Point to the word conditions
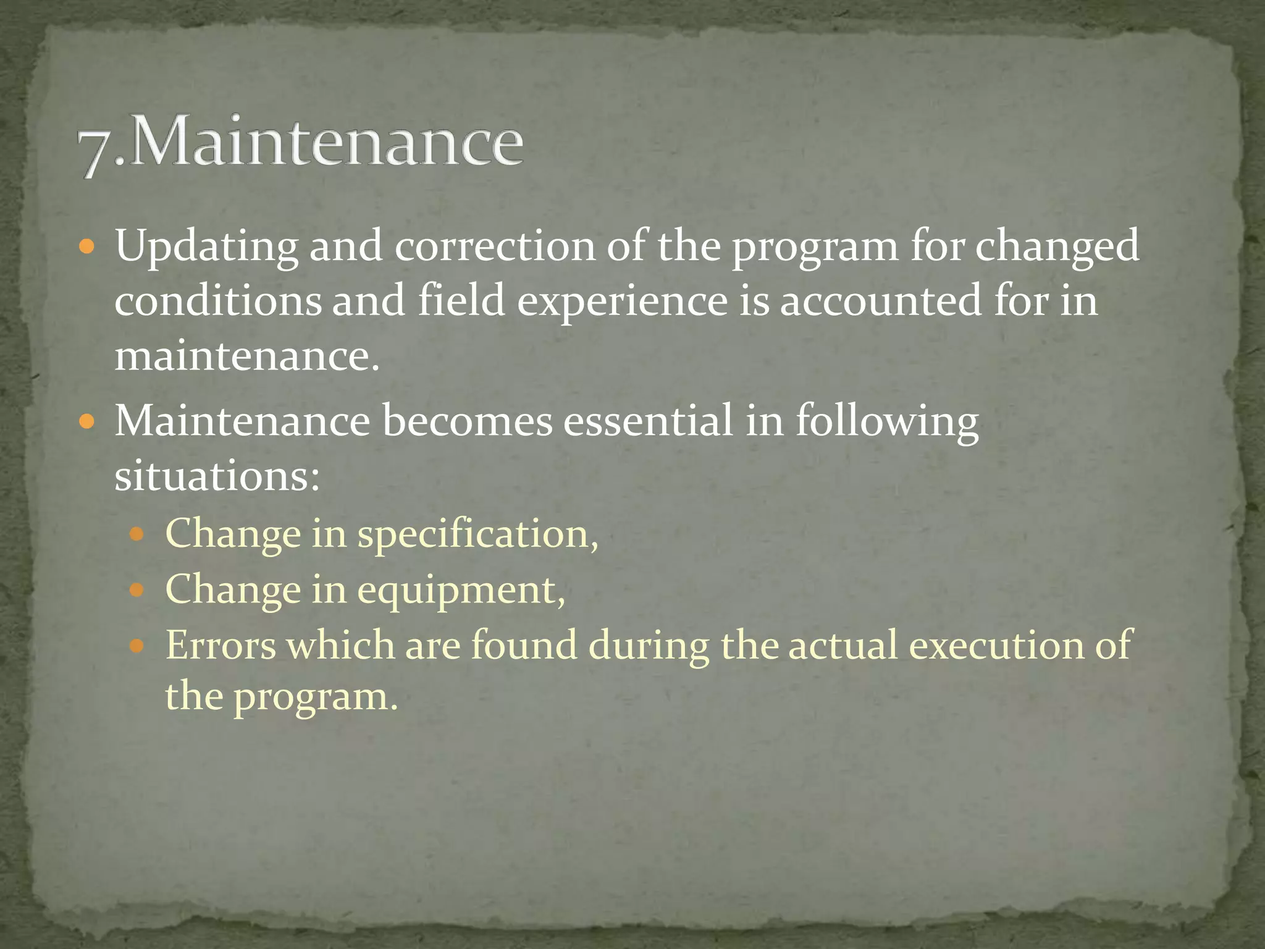click(x=218, y=301)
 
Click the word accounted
click(x=880, y=301)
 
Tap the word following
click(x=887, y=422)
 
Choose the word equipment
click(x=461, y=591)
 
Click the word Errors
click(x=221, y=645)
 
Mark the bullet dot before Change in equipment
click(x=137, y=590)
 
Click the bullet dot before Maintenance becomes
click(x=87, y=423)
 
